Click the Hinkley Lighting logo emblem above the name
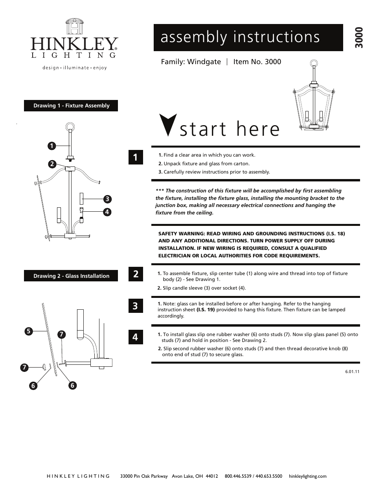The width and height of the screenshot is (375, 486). (x=74, y=27)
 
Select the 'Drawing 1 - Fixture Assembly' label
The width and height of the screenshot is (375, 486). (x=71, y=106)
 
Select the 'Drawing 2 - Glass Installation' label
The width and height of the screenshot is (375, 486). (x=71, y=276)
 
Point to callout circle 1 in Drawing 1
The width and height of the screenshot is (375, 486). (x=51, y=146)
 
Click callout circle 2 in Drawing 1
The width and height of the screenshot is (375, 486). (x=51, y=164)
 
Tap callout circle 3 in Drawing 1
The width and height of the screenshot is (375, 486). (x=107, y=199)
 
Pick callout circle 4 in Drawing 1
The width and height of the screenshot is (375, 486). (x=107, y=212)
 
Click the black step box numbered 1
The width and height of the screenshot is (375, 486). (x=135, y=157)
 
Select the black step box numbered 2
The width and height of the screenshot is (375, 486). (x=135, y=274)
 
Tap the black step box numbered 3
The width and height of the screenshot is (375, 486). (x=135, y=306)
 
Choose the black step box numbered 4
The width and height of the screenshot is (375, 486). (x=135, y=337)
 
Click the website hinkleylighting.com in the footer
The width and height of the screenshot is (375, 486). (x=307, y=476)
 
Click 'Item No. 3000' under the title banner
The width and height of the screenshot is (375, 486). (x=257, y=62)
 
